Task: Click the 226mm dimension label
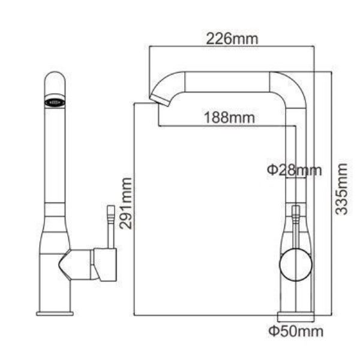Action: pyautogui.click(x=232, y=39)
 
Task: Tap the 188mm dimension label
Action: pyautogui.click(x=230, y=118)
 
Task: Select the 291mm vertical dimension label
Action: pyautogui.click(x=126, y=203)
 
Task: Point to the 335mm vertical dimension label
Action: pyautogui.click(x=341, y=189)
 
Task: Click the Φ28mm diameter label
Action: pyautogui.click(x=295, y=170)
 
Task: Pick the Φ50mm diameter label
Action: pyautogui.click(x=296, y=331)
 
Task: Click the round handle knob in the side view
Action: pyautogui.click(x=296, y=265)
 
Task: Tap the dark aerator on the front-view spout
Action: pyautogui.click(x=55, y=102)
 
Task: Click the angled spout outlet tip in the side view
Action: pyautogui.click(x=160, y=101)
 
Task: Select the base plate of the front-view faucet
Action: pyautogui.click(x=55, y=313)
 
